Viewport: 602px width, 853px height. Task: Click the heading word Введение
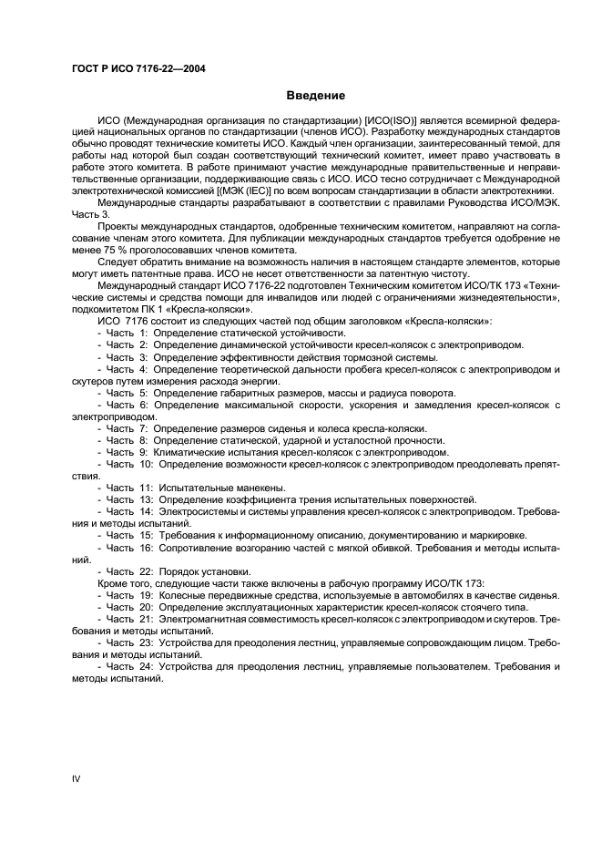[x=314, y=96]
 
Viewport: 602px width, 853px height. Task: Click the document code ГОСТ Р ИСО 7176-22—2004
[x=138, y=68]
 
